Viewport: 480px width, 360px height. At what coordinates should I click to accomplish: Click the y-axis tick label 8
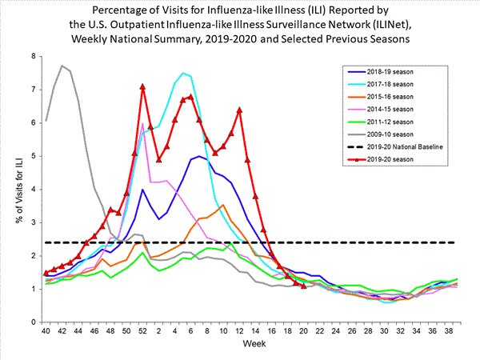[x=34, y=56]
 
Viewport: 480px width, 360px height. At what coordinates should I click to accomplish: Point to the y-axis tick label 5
[x=34, y=156]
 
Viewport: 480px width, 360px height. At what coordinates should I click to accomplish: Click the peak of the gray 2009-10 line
[x=62, y=66]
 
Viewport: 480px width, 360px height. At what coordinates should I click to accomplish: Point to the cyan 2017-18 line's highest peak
[x=183, y=73]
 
